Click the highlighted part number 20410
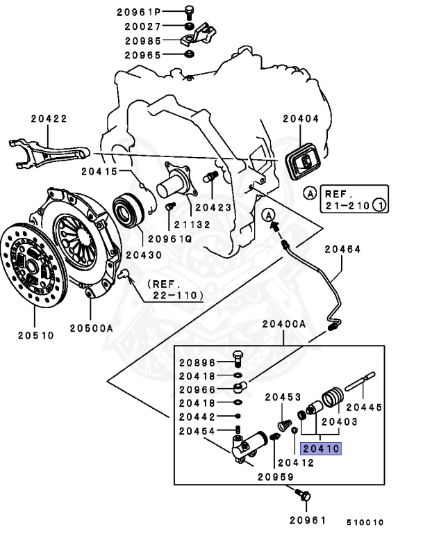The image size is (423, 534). pos(321,448)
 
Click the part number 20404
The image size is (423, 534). pos(301,119)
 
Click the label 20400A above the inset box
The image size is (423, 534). pos(284,323)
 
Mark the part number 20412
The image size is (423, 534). pos(298,462)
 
